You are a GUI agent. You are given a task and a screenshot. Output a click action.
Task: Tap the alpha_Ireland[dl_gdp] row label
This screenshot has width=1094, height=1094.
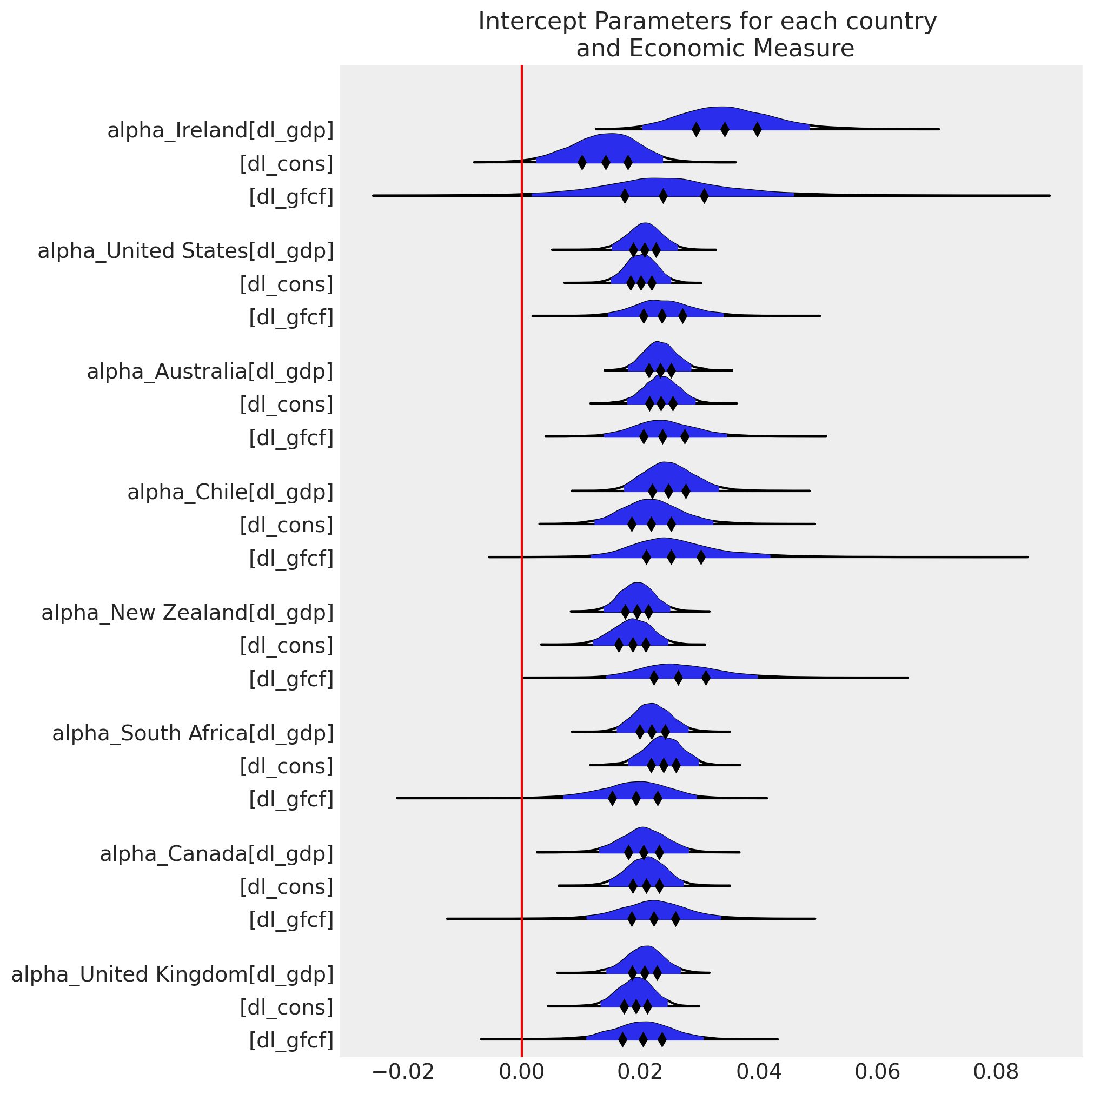(x=220, y=131)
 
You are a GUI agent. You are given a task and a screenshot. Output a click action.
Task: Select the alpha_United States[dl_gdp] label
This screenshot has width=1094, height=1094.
(x=185, y=251)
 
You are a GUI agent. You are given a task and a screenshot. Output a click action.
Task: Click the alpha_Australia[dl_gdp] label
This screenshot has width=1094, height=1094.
(x=210, y=372)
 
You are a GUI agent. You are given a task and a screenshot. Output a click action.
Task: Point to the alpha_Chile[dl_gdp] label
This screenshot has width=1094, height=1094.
(x=230, y=493)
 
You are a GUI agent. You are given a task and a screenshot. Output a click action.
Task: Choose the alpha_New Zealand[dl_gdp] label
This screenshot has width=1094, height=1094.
(x=188, y=613)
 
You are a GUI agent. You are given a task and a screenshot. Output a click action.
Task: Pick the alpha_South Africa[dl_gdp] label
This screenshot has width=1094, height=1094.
(x=193, y=734)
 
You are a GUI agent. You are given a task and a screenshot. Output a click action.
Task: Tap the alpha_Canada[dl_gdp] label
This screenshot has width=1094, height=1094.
(x=216, y=854)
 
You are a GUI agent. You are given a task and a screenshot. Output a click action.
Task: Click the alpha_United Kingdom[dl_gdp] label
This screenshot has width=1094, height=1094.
(x=172, y=974)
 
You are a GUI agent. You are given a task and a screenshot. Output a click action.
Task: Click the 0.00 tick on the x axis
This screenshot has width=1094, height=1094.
(x=521, y=1072)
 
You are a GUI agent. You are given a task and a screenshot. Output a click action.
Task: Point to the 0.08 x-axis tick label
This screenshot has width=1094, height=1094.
(x=996, y=1072)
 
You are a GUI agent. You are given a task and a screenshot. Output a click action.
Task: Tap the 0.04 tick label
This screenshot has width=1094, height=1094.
(x=759, y=1072)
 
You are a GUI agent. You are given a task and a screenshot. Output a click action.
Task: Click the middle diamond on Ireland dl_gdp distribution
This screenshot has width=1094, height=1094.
(x=725, y=130)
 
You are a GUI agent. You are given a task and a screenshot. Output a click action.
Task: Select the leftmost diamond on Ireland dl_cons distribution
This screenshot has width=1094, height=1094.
(x=582, y=163)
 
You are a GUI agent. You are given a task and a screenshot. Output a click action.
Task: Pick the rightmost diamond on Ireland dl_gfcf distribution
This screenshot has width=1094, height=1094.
(x=704, y=196)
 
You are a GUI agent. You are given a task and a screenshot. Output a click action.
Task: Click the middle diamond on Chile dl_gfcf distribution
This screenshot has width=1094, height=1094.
(x=671, y=558)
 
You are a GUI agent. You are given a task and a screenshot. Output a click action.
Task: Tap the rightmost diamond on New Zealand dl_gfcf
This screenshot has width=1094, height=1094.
(x=706, y=678)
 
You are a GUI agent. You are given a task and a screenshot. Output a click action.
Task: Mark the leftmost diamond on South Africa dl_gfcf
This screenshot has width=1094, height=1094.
(x=612, y=799)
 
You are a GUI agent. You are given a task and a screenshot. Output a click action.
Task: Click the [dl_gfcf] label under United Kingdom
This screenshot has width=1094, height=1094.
(x=291, y=1041)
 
